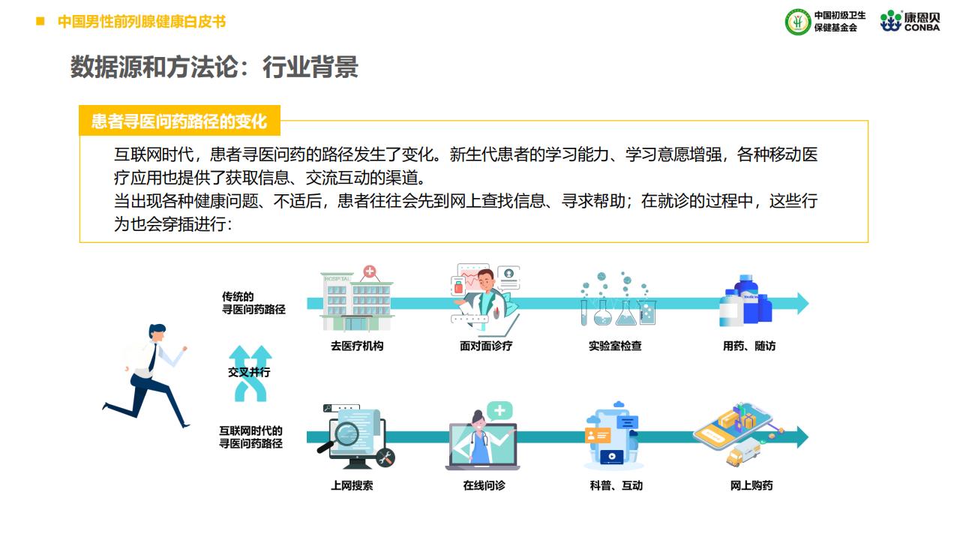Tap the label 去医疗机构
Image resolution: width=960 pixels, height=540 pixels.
357,346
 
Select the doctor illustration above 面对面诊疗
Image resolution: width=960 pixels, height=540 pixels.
486,298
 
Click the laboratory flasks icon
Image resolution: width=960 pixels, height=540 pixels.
618,299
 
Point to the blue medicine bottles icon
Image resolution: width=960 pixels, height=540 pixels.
745,301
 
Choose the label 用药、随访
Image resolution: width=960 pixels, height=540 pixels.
749,346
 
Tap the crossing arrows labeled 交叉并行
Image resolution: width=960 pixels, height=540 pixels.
250,373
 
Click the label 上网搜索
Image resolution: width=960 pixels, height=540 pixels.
352,485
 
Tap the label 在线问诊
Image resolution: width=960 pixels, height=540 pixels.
484,485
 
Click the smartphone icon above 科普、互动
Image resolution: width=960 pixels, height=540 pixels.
613,436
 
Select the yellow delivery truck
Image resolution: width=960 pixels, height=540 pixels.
743,452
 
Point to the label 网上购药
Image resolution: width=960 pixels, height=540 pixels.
751,485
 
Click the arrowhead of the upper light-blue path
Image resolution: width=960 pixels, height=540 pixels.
802,304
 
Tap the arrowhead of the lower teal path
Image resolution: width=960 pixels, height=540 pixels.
802,437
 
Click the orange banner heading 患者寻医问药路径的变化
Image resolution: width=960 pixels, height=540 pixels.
179,121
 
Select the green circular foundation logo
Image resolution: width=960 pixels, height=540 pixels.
798,22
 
